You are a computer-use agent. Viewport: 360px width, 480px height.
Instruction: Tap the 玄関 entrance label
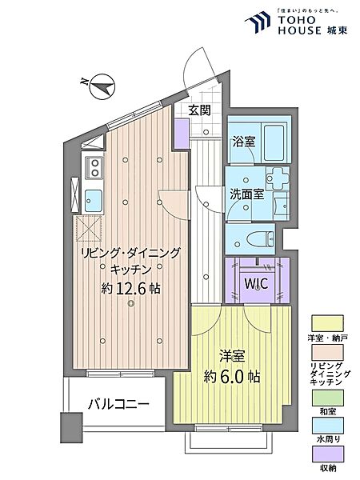point(199,110)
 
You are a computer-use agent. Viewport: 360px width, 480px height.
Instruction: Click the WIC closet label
point(255,284)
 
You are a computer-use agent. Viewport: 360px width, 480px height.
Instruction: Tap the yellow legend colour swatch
point(330,323)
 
